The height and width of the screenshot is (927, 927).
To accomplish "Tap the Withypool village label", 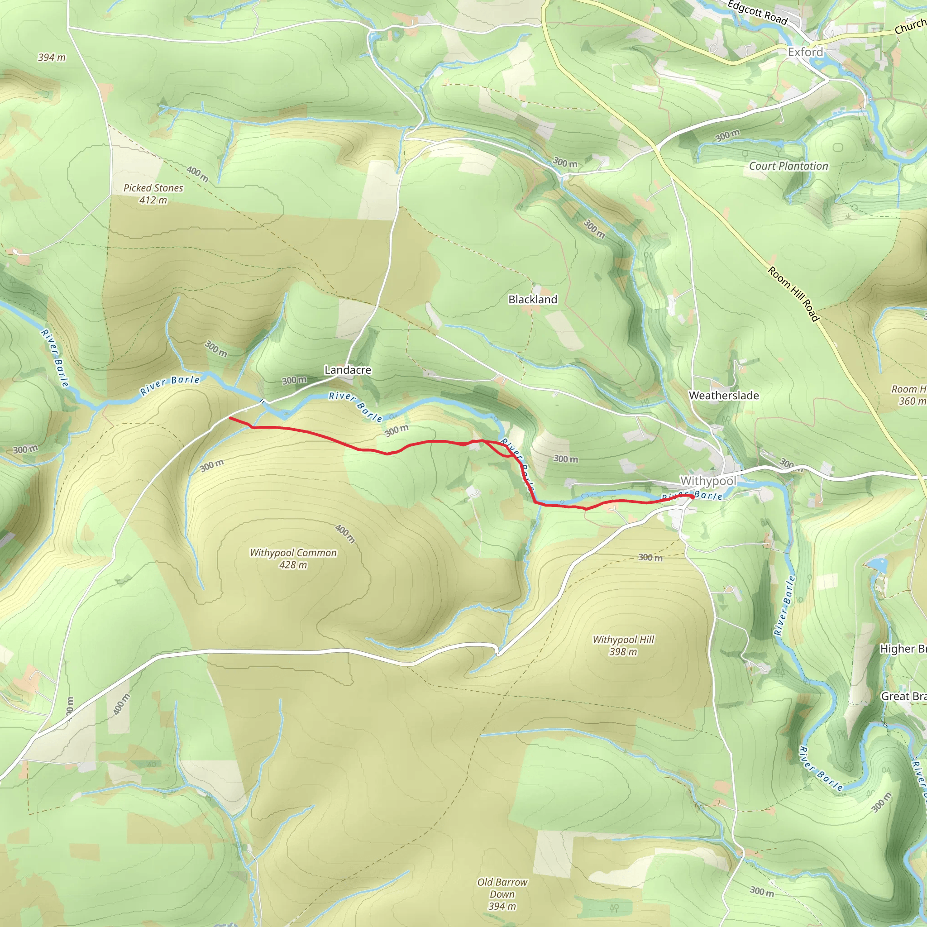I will tap(708, 480).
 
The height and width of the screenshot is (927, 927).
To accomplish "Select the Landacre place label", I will tap(348, 370).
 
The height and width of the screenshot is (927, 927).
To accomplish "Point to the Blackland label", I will tap(533, 299).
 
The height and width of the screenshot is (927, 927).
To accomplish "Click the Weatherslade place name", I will tap(724, 395).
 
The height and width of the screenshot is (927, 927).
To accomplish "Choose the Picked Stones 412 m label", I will tap(153, 194).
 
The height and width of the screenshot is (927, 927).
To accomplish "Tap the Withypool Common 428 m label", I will tap(293, 559).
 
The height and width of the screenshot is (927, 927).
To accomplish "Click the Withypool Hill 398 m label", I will tap(623, 645).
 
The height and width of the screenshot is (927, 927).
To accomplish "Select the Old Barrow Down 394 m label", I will tap(502, 894).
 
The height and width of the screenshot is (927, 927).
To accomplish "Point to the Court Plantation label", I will tap(788, 166).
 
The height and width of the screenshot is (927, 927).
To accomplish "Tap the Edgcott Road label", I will tap(757, 13).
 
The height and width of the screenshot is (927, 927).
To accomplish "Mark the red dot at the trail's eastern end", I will tap(692, 497).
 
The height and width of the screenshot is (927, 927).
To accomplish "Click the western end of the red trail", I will tap(230, 418).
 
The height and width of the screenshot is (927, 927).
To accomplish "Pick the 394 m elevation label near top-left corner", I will tap(52, 57).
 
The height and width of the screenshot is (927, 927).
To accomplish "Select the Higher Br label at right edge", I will tap(903, 649).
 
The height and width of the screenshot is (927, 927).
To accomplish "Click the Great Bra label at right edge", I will tap(903, 696).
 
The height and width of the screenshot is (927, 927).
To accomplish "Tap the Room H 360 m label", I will tap(908, 395).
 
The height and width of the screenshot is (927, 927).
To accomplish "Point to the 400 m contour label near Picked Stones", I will tap(197, 174).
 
